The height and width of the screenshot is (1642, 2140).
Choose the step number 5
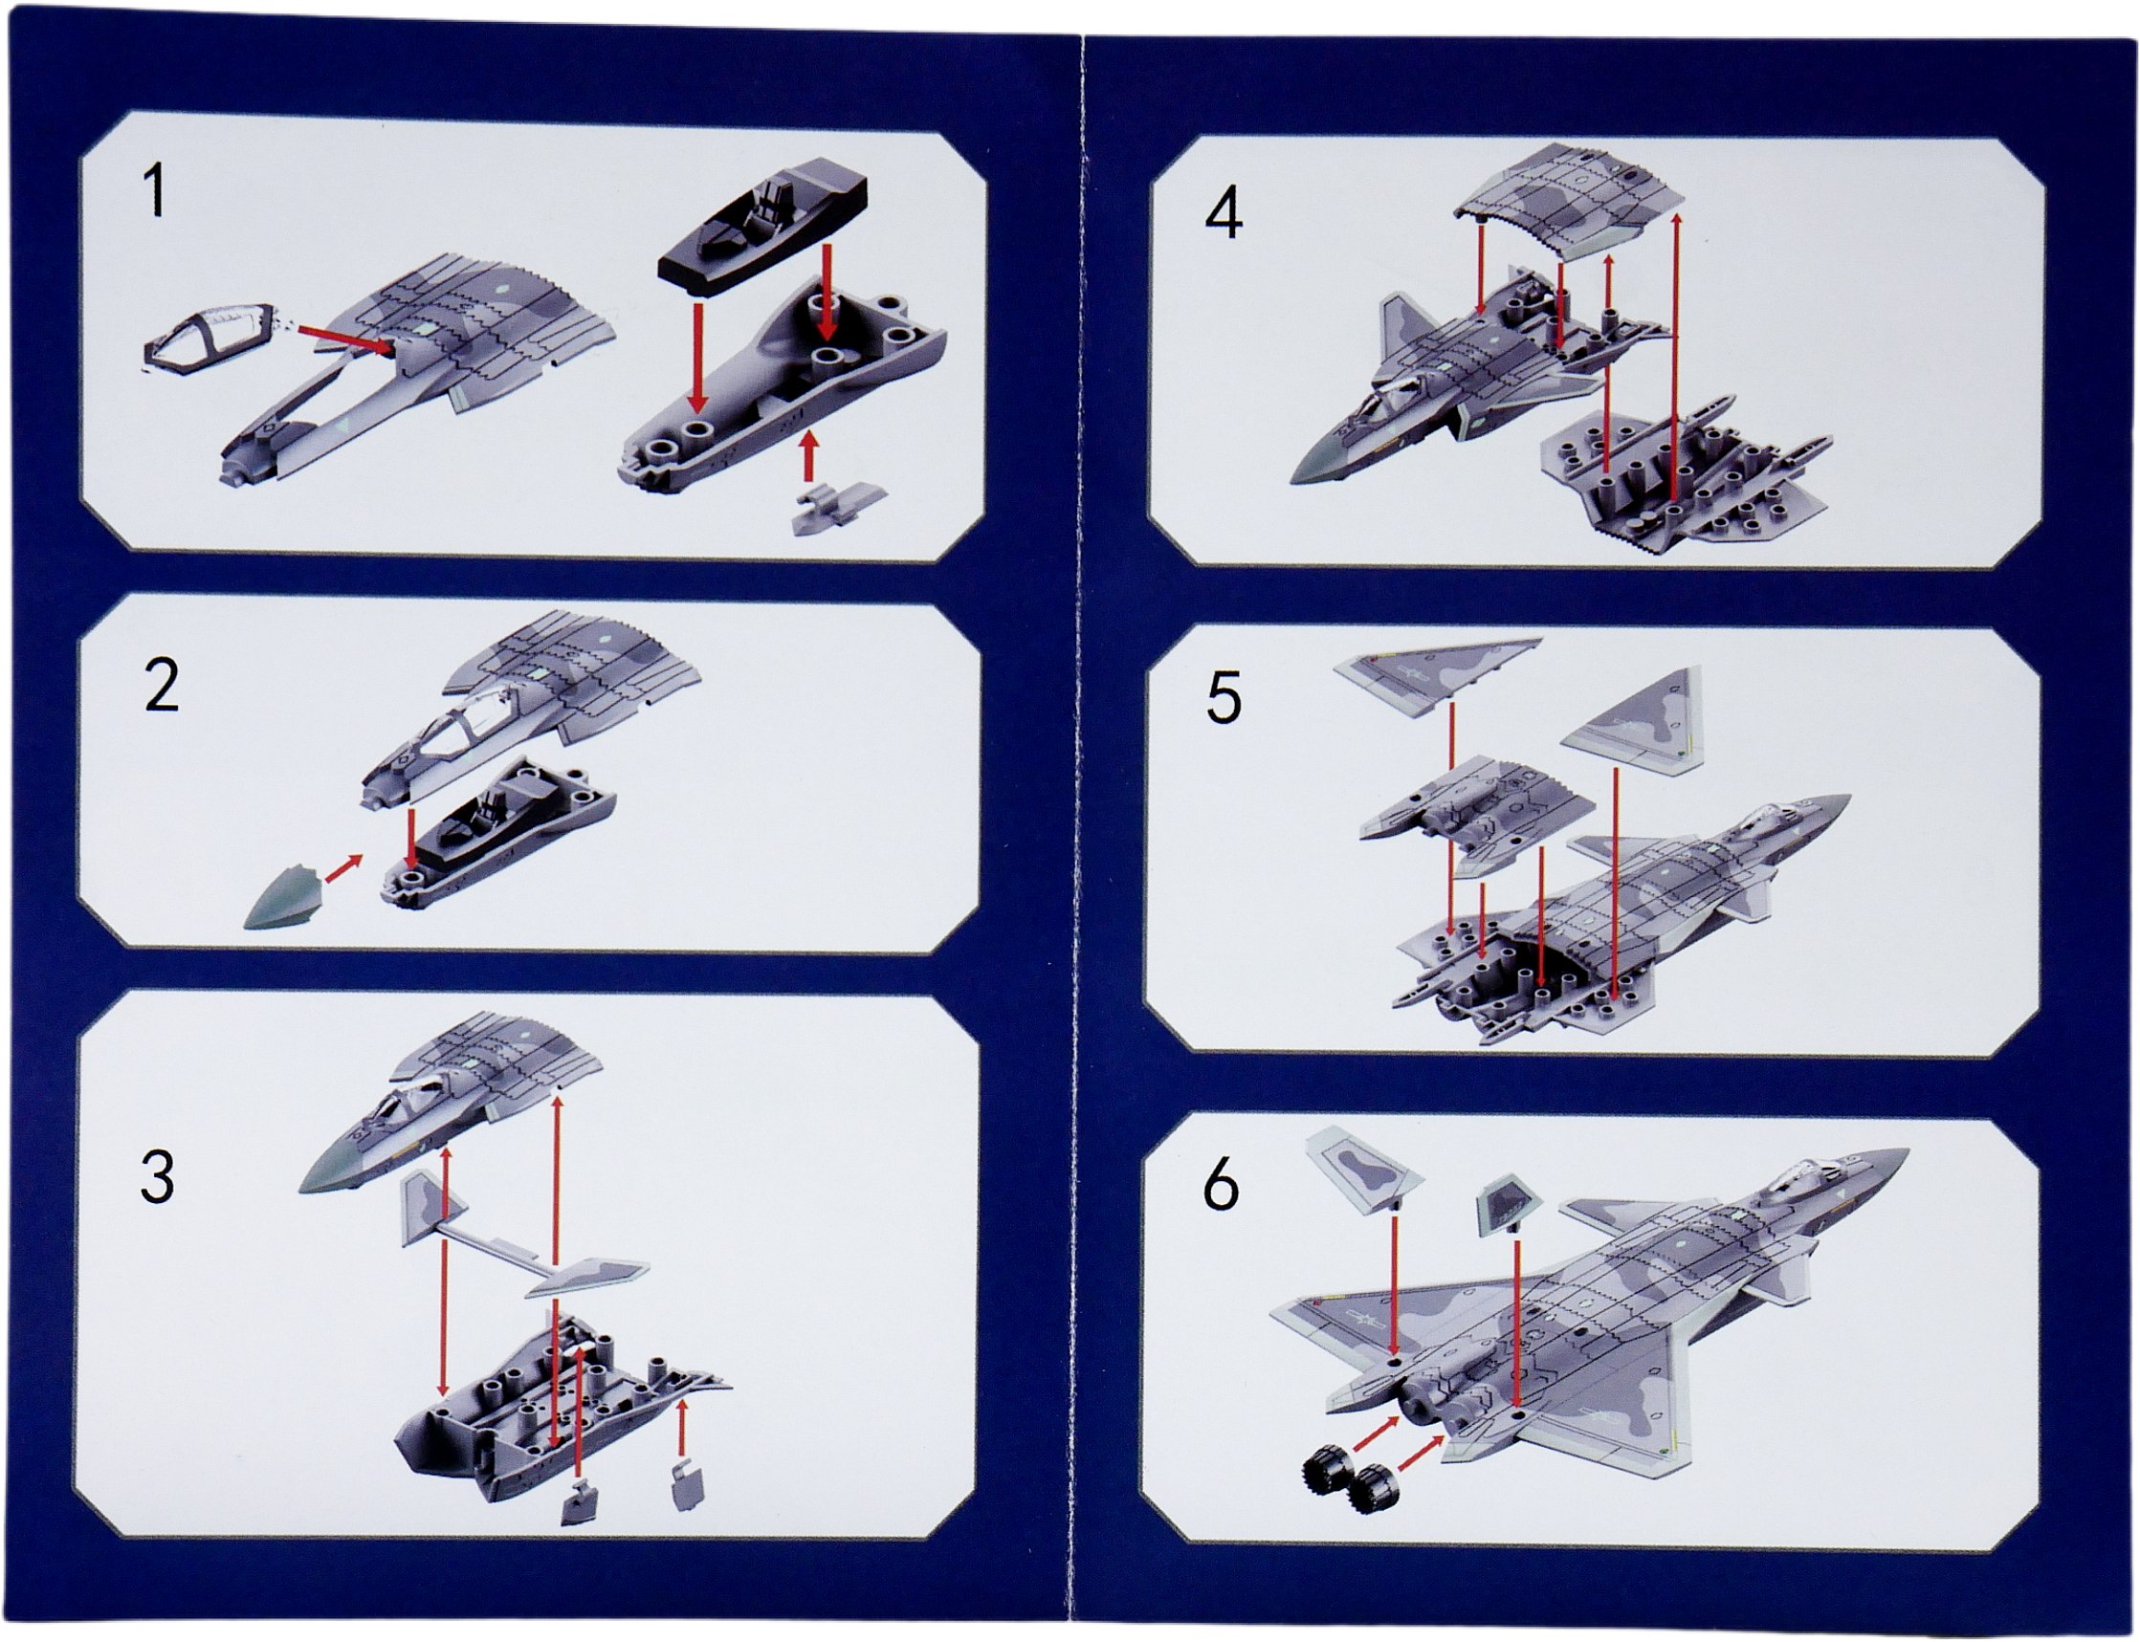1223,696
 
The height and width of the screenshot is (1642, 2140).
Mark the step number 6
1221,1186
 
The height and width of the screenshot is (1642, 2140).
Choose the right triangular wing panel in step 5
1633,719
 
